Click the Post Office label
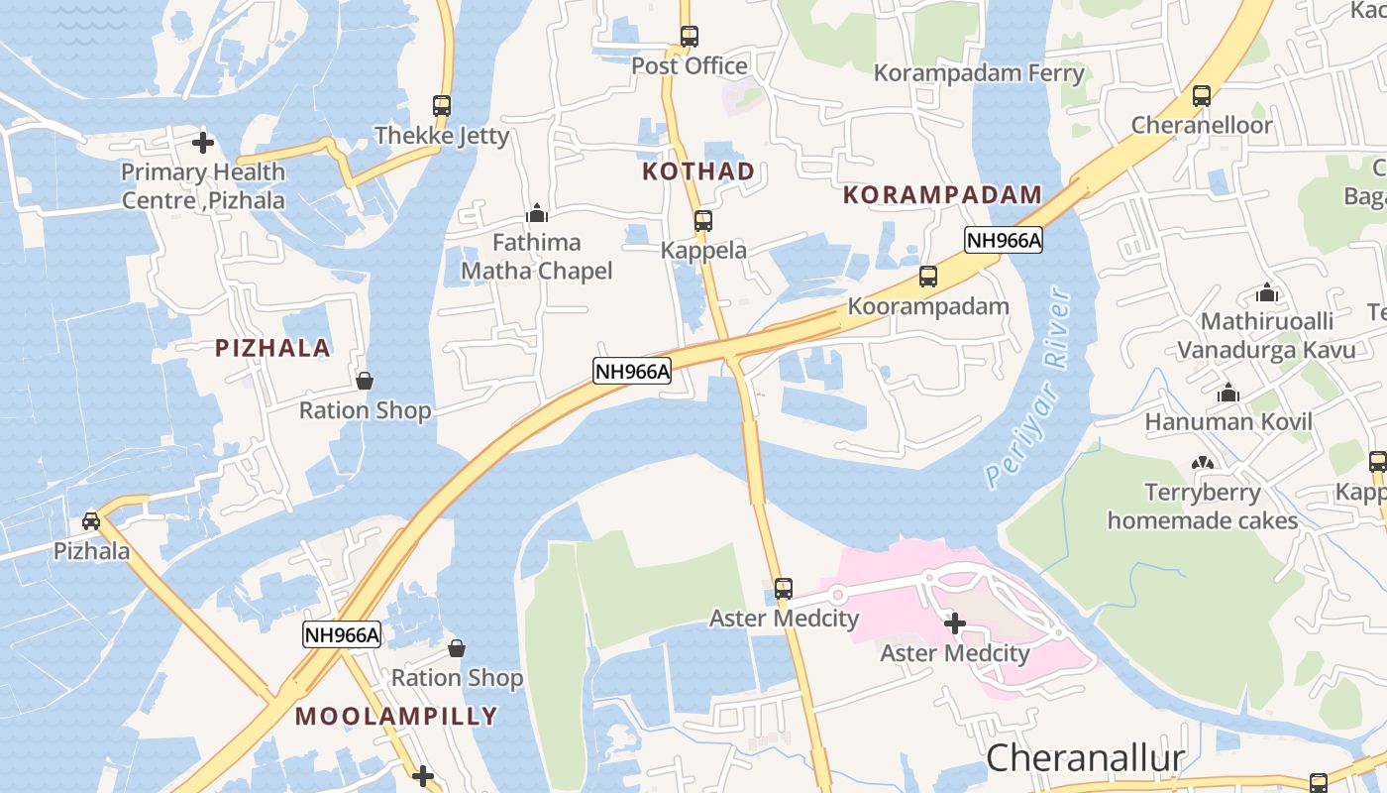(690, 66)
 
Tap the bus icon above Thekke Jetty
(442, 105)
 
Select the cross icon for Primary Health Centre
(203, 143)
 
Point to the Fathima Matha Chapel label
(537, 257)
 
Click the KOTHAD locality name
(698, 171)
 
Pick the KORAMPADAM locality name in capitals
(942, 195)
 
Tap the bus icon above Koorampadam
(928, 277)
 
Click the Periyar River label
(1029, 388)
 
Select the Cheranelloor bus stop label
(1202, 126)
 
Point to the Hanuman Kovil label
(1228, 422)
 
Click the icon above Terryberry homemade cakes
(1203, 463)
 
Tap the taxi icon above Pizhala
(91, 520)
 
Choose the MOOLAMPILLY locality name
(396, 717)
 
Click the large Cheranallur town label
(1085, 758)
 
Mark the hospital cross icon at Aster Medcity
(955, 623)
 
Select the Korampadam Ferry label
(979, 73)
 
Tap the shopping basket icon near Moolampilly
(457, 649)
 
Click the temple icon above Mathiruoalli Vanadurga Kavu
(1266, 293)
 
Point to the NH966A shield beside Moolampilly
(342, 635)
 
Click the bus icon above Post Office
(690, 37)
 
